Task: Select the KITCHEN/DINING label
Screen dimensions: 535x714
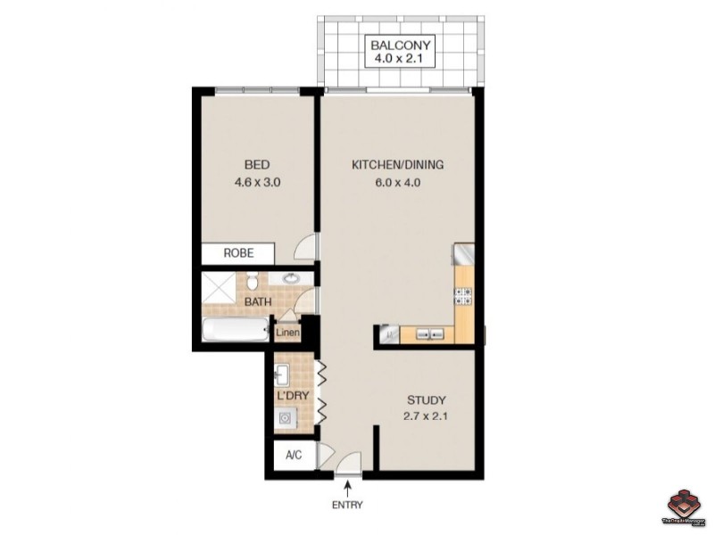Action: pyautogui.click(x=397, y=165)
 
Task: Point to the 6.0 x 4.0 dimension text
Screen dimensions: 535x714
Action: pyautogui.click(x=397, y=183)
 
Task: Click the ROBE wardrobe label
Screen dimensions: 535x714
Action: pyautogui.click(x=238, y=253)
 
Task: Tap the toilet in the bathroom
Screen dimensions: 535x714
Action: pyautogui.click(x=253, y=283)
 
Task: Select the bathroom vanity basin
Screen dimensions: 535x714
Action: pyautogui.click(x=291, y=279)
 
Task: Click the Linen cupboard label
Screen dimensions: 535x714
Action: pyautogui.click(x=287, y=333)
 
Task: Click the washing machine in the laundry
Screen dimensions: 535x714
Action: pyautogui.click(x=286, y=416)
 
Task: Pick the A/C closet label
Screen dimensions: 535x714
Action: pyautogui.click(x=293, y=456)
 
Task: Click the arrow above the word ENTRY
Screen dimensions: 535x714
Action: pyautogui.click(x=347, y=487)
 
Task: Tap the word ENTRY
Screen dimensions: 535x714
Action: pyautogui.click(x=347, y=506)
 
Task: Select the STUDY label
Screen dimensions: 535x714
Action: pyautogui.click(x=426, y=400)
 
